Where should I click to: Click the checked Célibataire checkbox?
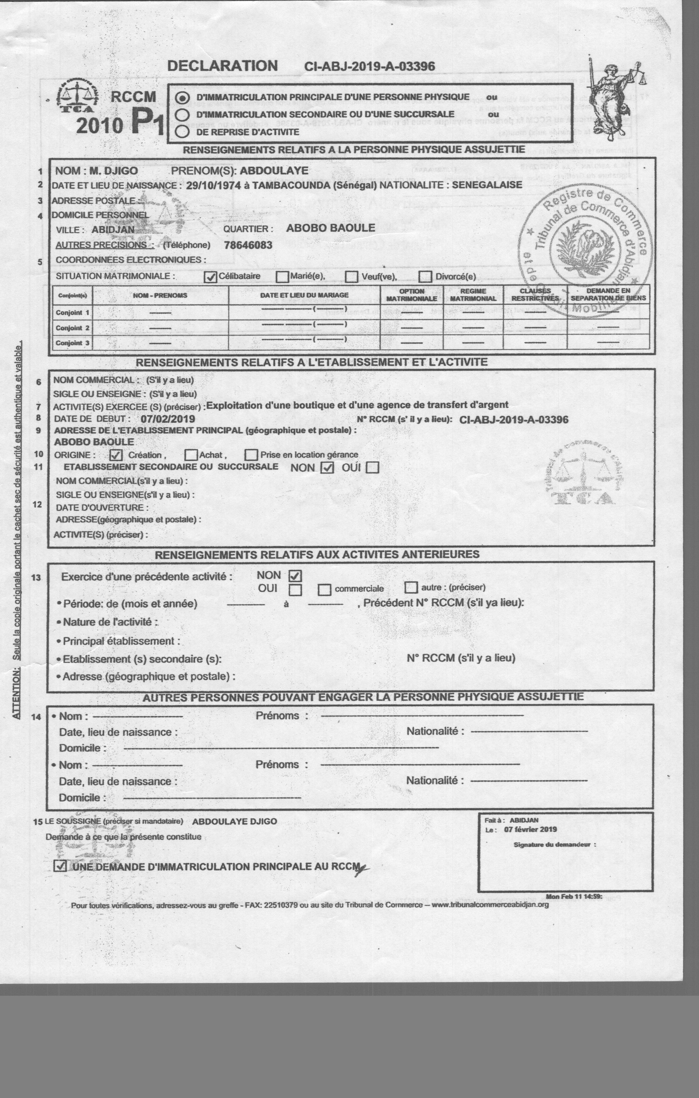click(210, 277)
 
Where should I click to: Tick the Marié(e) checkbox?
click(283, 277)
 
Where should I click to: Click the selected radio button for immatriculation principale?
click(183, 97)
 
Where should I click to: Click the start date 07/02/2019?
click(167, 419)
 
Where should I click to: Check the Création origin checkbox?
click(116, 455)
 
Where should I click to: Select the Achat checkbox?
click(191, 455)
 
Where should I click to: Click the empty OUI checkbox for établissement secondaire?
click(373, 468)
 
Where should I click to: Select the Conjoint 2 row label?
click(72, 328)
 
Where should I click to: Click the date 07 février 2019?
click(530, 829)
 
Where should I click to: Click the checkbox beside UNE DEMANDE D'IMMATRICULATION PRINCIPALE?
click(60, 866)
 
